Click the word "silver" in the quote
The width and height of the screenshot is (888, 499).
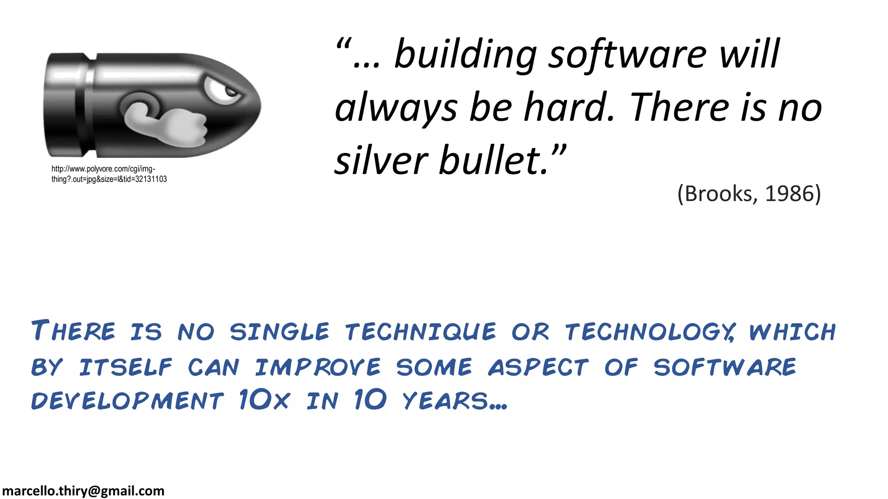click(382, 161)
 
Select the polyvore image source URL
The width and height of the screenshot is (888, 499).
click(109, 174)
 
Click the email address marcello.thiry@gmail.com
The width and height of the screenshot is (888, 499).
click(83, 491)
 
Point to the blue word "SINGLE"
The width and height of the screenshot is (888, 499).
click(280, 332)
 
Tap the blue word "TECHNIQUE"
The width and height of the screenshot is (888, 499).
click(421, 332)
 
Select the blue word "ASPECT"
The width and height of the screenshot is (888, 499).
click(538, 367)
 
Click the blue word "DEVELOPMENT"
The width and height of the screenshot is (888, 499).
click(127, 400)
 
